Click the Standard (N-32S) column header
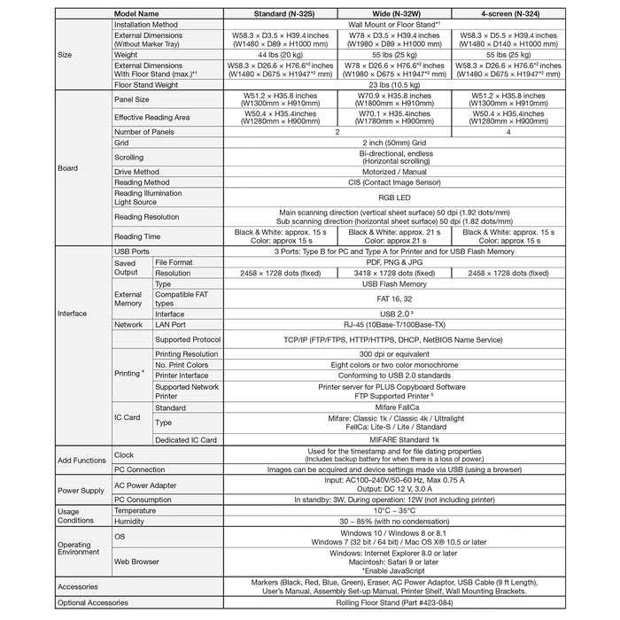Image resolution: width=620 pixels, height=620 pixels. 281,14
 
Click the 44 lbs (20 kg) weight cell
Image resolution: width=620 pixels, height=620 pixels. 281,55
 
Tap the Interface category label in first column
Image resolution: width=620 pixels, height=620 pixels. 73,314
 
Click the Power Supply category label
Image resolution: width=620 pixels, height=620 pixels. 81,490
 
